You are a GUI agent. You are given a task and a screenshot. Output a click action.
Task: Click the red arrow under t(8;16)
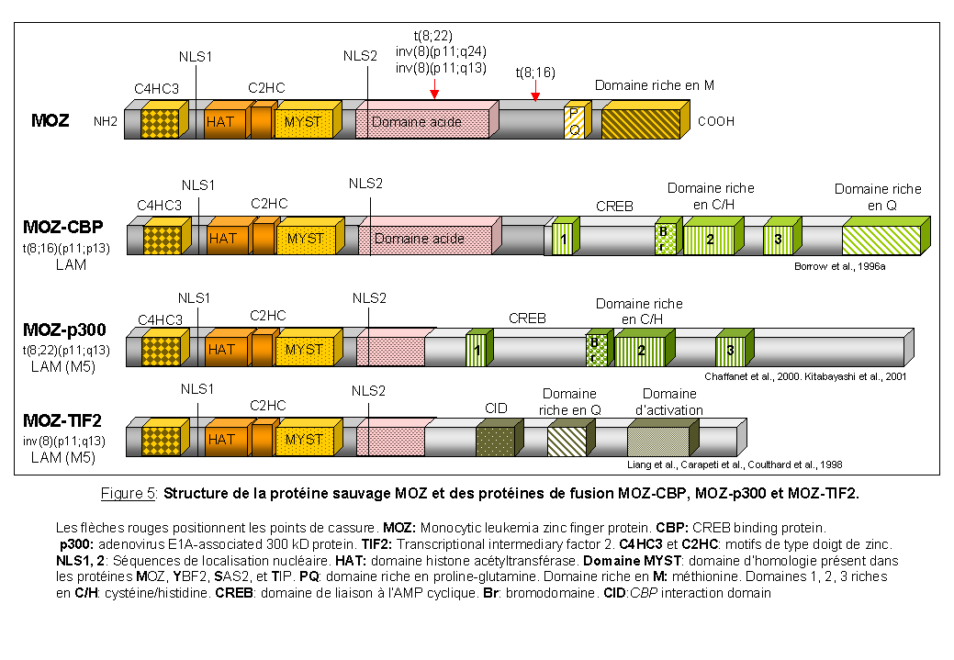click(535, 95)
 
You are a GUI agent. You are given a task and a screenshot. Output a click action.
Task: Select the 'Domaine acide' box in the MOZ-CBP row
click(425, 240)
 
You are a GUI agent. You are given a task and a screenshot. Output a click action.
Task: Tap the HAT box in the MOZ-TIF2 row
click(222, 440)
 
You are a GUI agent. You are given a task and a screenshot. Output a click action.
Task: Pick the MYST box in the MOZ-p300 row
click(303, 350)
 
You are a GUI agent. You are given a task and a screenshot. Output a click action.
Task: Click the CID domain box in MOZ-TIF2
click(494, 441)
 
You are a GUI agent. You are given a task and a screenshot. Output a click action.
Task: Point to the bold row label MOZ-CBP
click(63, 227)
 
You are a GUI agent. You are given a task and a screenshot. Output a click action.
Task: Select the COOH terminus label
click(716, 121)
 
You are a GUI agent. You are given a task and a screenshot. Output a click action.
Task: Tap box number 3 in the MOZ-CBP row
click(778, 240)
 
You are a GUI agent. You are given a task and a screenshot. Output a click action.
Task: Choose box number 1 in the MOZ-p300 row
click(477, 351)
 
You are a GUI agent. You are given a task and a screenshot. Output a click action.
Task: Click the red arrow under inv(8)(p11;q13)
click(433, 93)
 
